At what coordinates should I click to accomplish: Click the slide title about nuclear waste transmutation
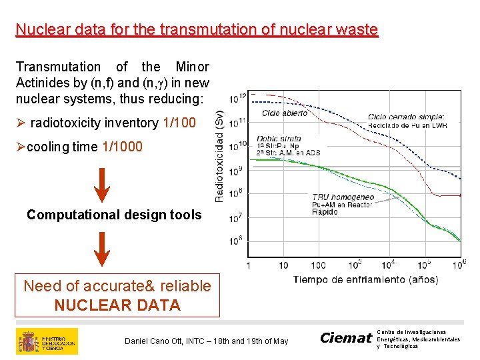pyautogui.click(x=197, y=30)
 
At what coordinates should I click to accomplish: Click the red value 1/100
pyautogui.click(x=179, y=123)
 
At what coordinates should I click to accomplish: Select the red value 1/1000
pyautogui.click(x=122, y=147)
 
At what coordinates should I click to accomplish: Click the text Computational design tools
pyautogui.click(x=114, y=215)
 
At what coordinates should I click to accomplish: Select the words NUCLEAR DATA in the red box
pyautogui.click(x=117, y=305)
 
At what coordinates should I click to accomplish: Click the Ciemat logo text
pyautogui.click(x=345, y=338)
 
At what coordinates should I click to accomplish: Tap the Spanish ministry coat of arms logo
pyautogui.click(x=28, y=341)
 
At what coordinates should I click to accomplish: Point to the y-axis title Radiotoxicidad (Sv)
pyautogui.click(x=219, y=157)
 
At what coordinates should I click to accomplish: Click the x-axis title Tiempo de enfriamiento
pyautogui.click(x=365, y=279)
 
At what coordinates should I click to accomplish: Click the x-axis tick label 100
pyautogui.click(x=318, y=266)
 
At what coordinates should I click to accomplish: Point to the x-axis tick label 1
pyautogui.click(x=249, y=266)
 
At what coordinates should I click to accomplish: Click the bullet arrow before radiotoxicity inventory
pyautogui.click(x=21, y=123)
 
